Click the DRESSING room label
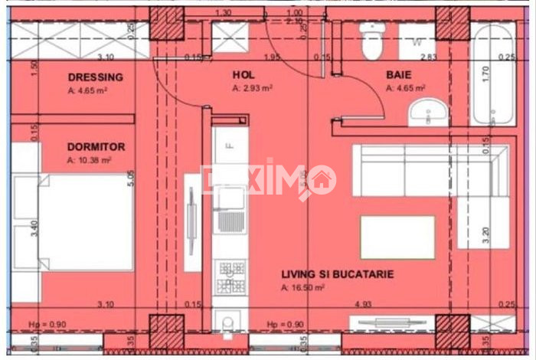coord(95,77)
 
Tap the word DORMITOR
coord(96,146)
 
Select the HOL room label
coord(243,75)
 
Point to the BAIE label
coord(399,75)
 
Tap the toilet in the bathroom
coord(372,40)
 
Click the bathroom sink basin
coord(425,115)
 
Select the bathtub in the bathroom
coord(491,74)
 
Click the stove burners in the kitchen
coord(229,277)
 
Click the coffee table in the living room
coord(397,237)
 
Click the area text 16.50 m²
coord(303,288)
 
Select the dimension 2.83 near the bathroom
coord(429,57)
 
